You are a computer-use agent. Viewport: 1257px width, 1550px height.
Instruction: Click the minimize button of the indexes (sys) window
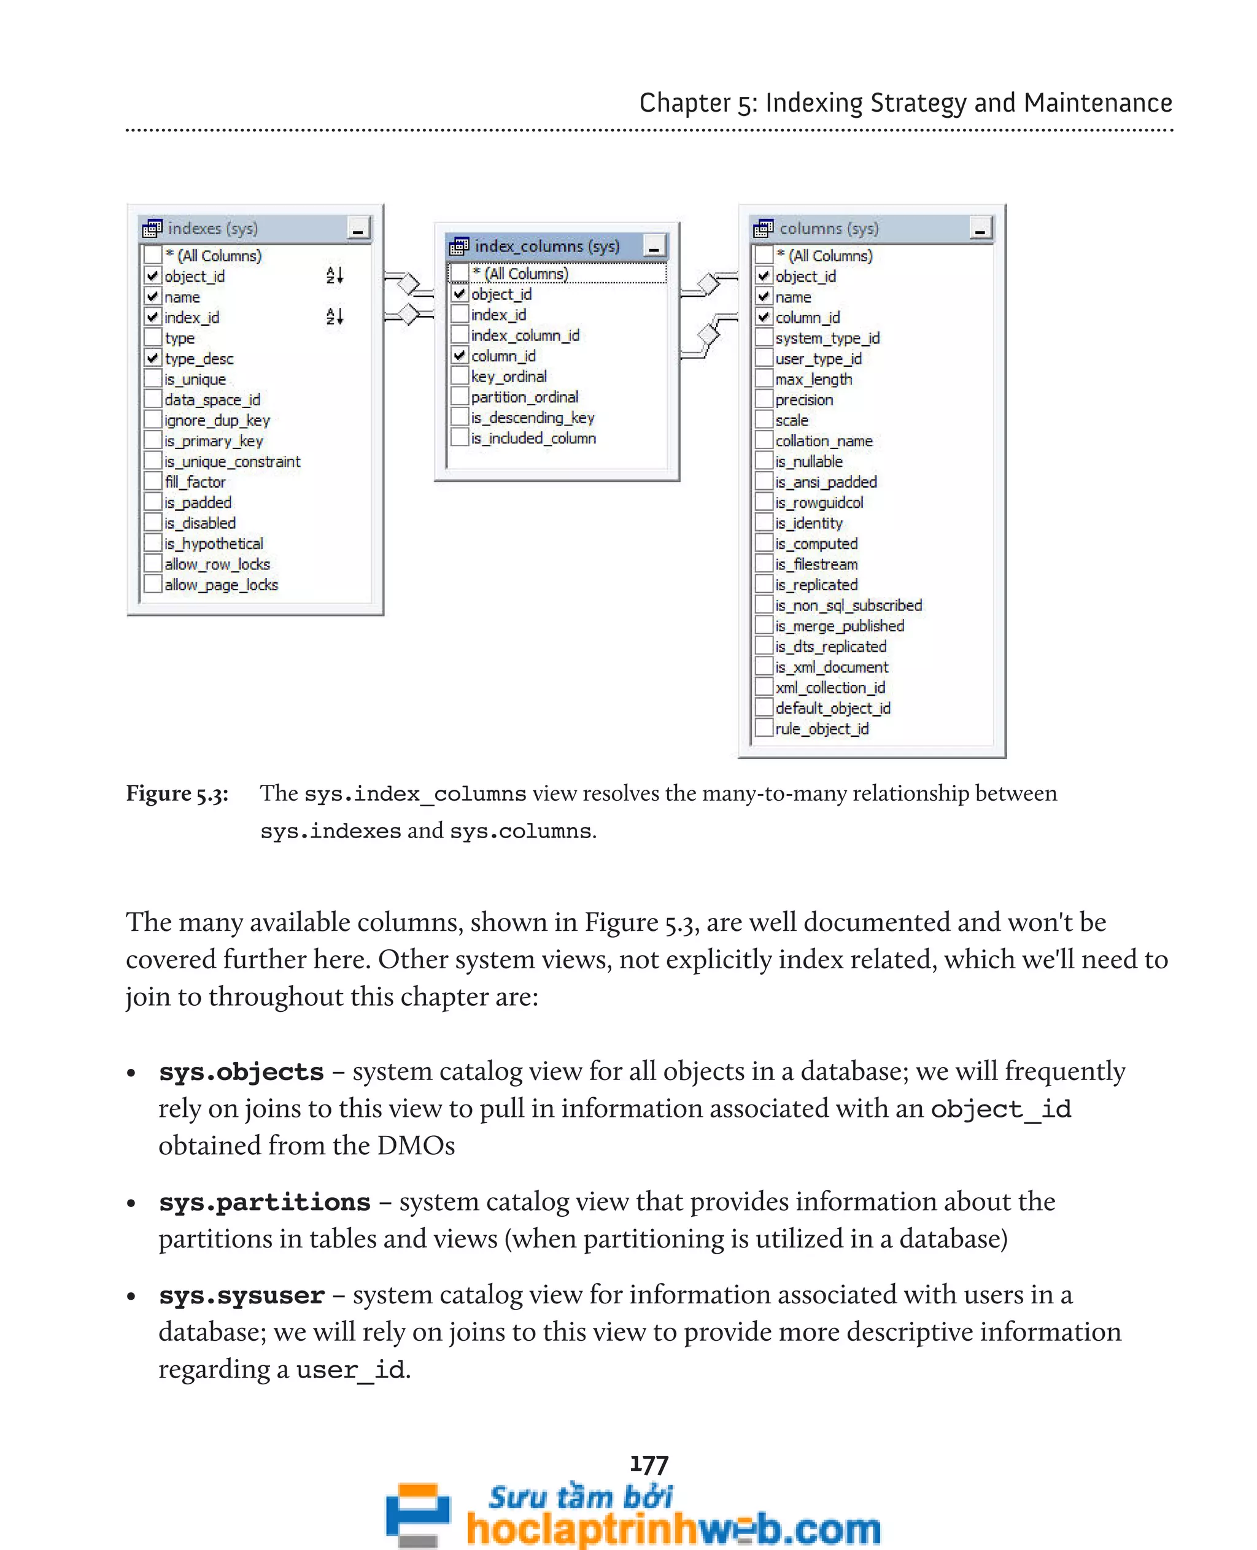358,229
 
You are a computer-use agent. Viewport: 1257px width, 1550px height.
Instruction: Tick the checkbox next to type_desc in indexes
152,358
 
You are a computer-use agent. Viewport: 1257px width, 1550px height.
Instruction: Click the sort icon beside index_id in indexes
334,317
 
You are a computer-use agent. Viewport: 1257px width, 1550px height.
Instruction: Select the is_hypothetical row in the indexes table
214,544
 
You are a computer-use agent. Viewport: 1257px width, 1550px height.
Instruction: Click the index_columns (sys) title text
547,246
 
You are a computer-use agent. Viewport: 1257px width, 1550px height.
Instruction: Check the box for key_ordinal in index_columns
459,377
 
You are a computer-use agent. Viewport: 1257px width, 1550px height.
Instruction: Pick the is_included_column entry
533,438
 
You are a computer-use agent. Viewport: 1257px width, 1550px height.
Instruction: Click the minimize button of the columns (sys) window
980,229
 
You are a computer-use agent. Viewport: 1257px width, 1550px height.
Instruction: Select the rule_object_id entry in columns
821,728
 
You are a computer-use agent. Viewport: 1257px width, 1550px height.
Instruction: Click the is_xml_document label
831,667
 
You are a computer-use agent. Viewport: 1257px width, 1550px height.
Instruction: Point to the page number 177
649,1465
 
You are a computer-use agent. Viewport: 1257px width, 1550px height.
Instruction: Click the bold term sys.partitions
265,1203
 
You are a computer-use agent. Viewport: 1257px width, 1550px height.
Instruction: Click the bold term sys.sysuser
241,1295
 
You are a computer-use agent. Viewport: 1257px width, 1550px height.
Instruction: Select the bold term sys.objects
241,1072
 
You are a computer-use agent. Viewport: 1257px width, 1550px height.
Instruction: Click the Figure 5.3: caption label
177,793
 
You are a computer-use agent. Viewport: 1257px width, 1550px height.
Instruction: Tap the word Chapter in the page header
684,103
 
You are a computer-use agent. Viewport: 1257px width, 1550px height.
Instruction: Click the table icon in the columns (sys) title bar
762,229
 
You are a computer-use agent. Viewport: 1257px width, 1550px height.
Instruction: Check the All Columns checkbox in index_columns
459,274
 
